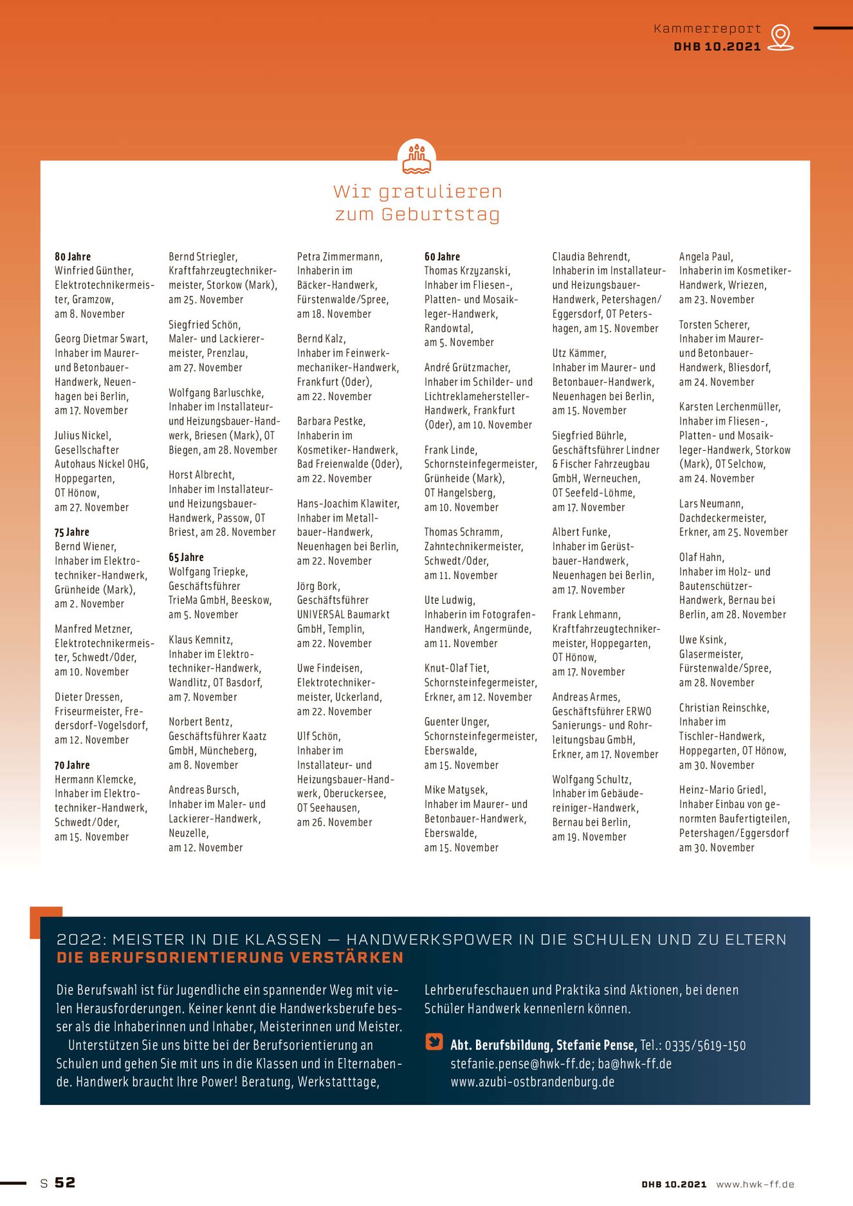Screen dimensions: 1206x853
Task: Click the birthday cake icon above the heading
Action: tap(417, 159)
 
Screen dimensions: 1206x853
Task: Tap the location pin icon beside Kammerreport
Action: tap(780, 37)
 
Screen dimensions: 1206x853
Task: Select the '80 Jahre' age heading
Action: tap(73, 257)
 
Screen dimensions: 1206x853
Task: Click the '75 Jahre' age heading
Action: tap(72, 532)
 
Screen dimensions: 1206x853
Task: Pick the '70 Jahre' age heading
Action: tap(72, 765)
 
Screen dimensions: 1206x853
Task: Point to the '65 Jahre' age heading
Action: tap(186, 557)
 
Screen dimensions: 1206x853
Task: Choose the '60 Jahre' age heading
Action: tap(442, 257)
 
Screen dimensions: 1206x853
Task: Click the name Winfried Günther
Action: tap(94, 271)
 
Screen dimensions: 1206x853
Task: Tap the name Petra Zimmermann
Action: tap(340, 257)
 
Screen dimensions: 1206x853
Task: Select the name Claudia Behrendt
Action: tap(591, 257)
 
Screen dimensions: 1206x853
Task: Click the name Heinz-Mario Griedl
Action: tap(722, 790)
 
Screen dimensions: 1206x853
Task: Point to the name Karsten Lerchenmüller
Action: tap(729, 407)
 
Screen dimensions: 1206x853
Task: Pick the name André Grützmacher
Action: tap(467, 367)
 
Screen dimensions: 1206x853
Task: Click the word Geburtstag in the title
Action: tap(440, 214)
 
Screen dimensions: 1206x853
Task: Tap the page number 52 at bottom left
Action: tap(65, 1183)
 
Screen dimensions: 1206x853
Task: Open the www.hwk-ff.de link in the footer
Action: tap(755, 1184)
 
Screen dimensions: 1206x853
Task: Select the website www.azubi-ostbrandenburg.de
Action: tap(532, 1082)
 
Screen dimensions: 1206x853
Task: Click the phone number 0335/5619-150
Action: tap(705, 1045)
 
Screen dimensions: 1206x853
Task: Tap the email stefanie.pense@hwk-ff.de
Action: tap(522, 1064)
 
